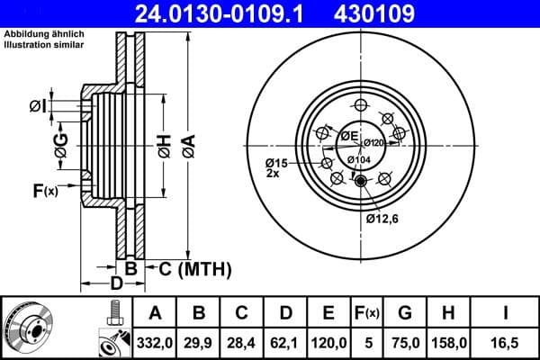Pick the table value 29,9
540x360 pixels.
click(x=199, y=342)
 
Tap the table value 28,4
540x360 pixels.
click(x=242, y=342)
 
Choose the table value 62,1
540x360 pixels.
click(x=286, y=342)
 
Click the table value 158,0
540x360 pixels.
click(x=447, y=342)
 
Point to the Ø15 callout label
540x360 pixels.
click(x=274, y=162)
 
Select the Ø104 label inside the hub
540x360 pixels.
click(x=358, y=159)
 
